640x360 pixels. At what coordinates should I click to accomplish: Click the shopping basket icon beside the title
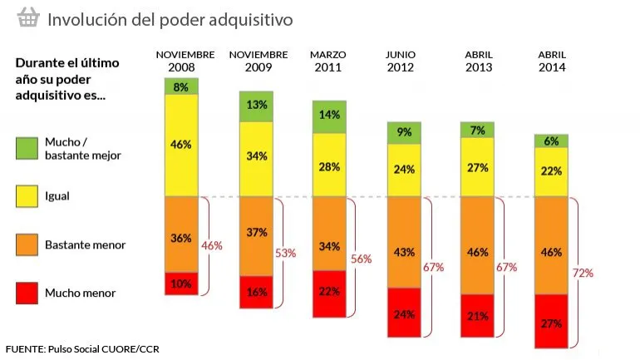pyautogui.click(x=28, y=17)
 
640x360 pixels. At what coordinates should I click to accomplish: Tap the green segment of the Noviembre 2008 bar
pyautogui.click(x=181, y=86)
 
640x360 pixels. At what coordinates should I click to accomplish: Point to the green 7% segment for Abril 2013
pyautogui.click(x=476, y=130)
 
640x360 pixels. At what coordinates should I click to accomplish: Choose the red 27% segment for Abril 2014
pyautogui.click(x=551, y=322)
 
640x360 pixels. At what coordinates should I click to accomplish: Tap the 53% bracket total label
pyautogui.click(x=285, y=253)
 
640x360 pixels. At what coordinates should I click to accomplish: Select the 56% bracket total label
pyautogui.click(x=361, y=259)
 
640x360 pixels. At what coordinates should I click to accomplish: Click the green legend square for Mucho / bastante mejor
pyautogui.click(x=27, y=148)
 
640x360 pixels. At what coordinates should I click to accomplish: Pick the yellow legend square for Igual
pyautogui.click(x=27, y=197)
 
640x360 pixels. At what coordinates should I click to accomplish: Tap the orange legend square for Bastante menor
pyautogui.click(x=27, y=244)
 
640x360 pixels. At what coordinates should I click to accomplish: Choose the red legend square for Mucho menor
pyautogui.click(x=27, y=293)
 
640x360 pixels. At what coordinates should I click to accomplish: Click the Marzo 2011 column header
pyautogui.click(x=327, y=61)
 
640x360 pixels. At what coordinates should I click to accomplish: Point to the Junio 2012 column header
pyautogui.click(x=401, y=61)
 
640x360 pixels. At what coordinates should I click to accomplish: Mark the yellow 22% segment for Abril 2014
pyautogui.click(x=551, y=171)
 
